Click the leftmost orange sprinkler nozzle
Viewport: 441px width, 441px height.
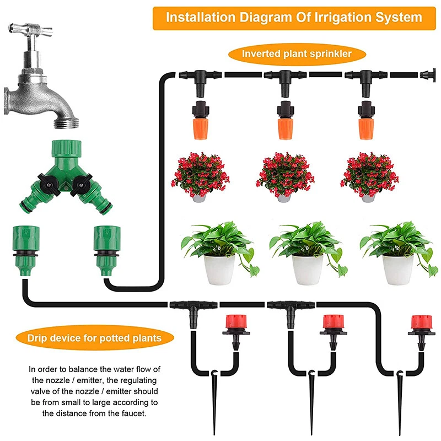pyautogui.click(x=199, y=122)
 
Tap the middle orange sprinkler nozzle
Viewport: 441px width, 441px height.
pyautogui.click(x=285, y=122)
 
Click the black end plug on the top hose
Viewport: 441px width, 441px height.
pyautogui.click(x=427, y=75)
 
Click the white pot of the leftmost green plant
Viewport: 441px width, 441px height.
pyautogui.click(x=219, y=270)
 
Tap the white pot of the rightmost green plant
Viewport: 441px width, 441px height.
pyautogui.click(x=397, y=270)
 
